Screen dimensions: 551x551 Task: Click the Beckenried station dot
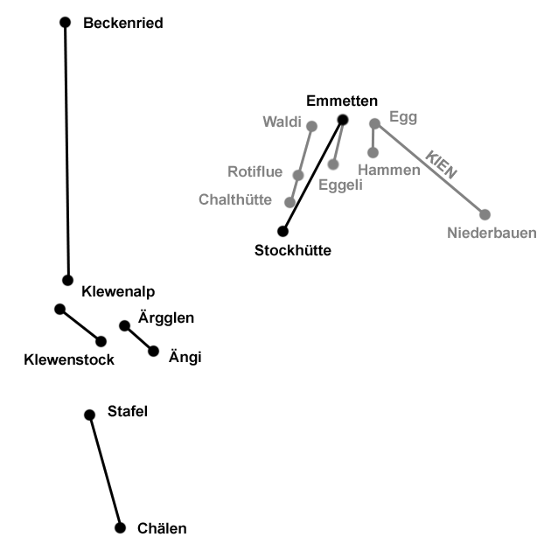click(x=65, y=22)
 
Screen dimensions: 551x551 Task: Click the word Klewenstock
click(x=70, y=359)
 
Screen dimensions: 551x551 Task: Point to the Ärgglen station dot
click(x=124, y=326)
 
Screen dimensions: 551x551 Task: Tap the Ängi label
click(x=184, y=356)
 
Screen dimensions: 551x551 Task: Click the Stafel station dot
click(x=89, y=415)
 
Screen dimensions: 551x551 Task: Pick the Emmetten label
click(x=342, y=101)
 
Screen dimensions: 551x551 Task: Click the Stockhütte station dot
click(x=282, y=232)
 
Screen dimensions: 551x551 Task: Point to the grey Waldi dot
click(x=311, y=126)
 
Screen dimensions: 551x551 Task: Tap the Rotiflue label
click(x=255, y=171)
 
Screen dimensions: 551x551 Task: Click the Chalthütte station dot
click(x=290, y=202)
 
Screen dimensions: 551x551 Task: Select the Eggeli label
click(x=341, y=185)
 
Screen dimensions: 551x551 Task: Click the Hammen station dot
click(x=373, y=152)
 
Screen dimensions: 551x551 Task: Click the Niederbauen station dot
click(x=485, y=214)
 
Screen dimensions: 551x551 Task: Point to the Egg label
click(x=403, y=117)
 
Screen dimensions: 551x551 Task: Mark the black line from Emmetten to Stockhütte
click(x=312, y=176)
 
